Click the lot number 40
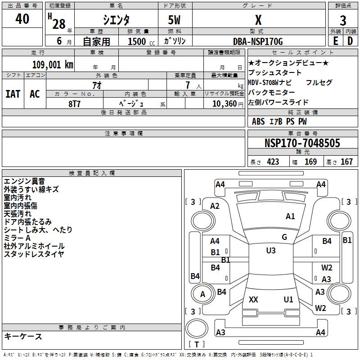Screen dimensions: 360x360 click(22, 19)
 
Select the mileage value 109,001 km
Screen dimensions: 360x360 click(53, 64)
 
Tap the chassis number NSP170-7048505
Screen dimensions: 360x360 click(302, 144)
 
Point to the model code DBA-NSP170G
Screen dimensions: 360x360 click(258, 41)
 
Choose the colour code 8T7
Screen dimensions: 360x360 click(75, 103)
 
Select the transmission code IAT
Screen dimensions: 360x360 click(13, 94)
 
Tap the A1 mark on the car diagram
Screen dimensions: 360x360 click(290, 216)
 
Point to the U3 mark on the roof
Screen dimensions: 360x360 click(271, 251)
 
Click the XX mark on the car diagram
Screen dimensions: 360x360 click(253, 299)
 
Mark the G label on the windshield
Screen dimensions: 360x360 click(284, 237)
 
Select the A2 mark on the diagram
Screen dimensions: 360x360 click(215, 206)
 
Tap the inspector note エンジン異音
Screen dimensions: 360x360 click(24, 181)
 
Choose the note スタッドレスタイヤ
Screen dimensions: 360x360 click(34, 254)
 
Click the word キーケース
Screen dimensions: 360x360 click(23, 336)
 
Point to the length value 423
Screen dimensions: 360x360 click(273, 162)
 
